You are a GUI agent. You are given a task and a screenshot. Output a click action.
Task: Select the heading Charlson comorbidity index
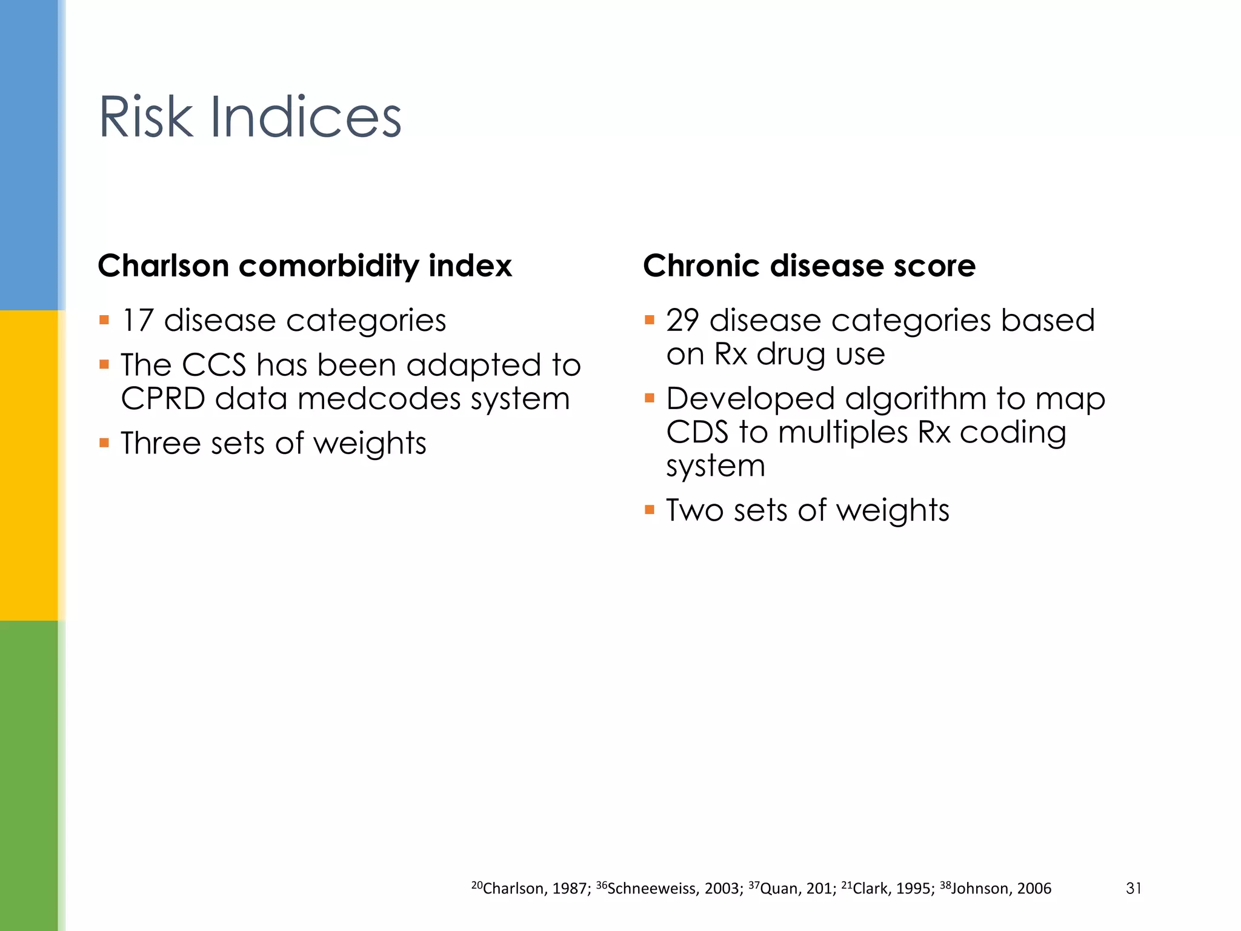(x=305, y=266)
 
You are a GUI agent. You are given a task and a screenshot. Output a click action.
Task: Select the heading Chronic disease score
(x=809, y=266)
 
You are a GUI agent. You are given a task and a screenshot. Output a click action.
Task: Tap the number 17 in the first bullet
(x=138, y=320)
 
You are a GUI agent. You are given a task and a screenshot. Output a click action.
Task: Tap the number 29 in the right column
(x=682, y=320)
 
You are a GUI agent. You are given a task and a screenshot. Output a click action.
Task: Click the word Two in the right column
(x=694, y=510)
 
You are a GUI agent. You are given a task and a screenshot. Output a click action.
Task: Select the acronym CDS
(x=697, y=433)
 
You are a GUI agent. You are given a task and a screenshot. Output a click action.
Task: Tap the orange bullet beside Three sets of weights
(x=104, y=443)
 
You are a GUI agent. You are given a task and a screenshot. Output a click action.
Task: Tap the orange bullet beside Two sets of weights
(x=650, y=510)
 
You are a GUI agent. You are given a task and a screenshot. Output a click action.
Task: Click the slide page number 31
(x=1133, y=889)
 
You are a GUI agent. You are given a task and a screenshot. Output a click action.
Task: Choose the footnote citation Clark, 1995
(x=893, y=889)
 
